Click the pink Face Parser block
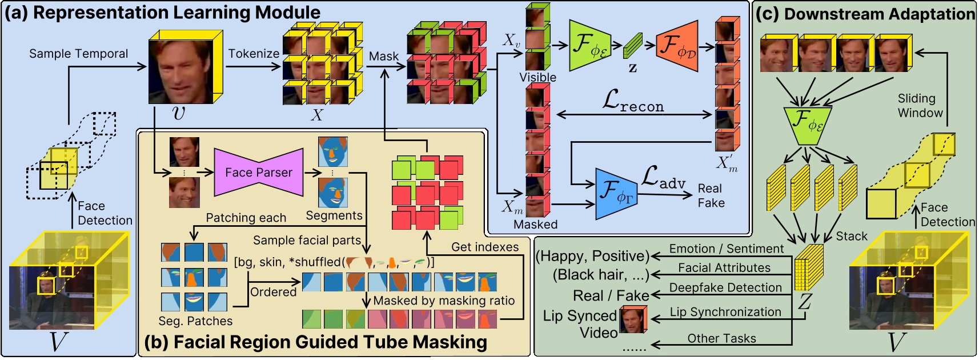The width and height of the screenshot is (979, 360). click(x=258, y=172)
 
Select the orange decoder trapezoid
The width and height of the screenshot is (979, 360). click(x=678, y=46)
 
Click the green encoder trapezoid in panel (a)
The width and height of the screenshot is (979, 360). click(x=589, y=46)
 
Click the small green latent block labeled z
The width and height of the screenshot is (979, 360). click(x=633, y=45)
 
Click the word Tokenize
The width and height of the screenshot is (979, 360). click(x=254, y=54)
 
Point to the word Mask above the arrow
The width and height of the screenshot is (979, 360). click(x=383, y=56)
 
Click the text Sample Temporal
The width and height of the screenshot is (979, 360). click(x=78, y=54)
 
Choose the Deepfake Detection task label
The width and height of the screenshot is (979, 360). click(x=725, y=287)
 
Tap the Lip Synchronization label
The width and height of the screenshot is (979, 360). click(x=725, y=312)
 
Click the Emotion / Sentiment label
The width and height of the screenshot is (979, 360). click(x=726, y=249)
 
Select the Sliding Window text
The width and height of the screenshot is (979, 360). click(x=920, y=106)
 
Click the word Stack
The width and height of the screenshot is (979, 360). click(x=851, y=236)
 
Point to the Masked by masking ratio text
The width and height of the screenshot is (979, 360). click(x=444, y=301)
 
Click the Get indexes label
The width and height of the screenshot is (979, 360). click(x=485, y=247)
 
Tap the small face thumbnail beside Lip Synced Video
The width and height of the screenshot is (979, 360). click(x=633, y=319)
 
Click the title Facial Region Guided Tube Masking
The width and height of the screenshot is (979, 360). click(x=315, y=342)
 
